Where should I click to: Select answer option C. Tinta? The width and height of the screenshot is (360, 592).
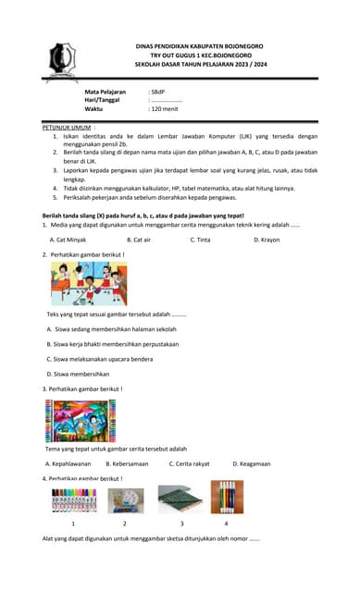click(x=200, y=240)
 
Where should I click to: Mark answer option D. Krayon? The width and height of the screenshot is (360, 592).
click(x=267, y=240)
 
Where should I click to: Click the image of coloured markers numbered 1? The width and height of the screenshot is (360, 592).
click(x=74, y=499)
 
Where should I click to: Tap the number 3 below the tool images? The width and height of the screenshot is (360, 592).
click(x=180, y=523)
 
